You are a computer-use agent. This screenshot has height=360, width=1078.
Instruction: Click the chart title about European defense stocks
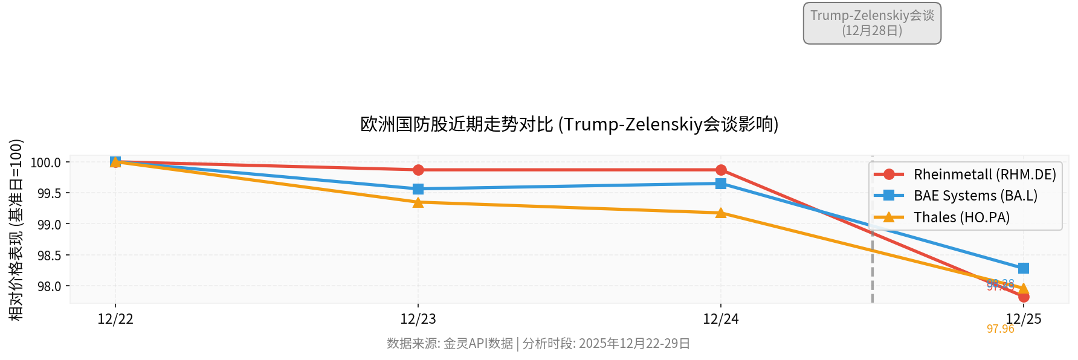pos(569,124)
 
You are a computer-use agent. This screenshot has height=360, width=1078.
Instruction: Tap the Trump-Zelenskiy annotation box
pos(872,23)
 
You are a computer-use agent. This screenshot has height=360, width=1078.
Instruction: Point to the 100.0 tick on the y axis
pos(46,162)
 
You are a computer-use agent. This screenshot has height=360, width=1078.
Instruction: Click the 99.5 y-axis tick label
pos(49,193)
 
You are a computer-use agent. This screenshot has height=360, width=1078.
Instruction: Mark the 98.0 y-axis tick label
pos(49,286)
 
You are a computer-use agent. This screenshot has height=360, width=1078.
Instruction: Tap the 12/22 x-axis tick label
pos(115,319)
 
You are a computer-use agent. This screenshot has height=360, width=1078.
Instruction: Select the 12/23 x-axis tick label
pos(418,319)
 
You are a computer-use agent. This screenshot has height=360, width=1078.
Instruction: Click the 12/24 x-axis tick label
pos(720,319)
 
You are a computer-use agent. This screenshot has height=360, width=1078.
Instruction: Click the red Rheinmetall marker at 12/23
pos(418,170)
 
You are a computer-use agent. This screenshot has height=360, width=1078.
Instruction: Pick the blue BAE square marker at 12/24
pos(721,184)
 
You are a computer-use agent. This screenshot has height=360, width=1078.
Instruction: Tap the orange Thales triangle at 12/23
pos(418,202)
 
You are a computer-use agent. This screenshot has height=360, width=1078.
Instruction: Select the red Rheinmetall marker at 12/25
pos(1024,297)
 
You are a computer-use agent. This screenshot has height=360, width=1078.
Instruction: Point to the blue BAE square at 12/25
pos(1024,268)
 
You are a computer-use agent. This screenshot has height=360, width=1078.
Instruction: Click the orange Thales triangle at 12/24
pos(721,213)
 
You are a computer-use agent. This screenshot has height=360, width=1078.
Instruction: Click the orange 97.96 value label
pos(1000,329)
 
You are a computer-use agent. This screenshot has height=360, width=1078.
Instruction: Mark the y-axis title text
pos(16,230)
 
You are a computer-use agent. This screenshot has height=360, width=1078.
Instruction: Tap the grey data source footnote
pos(538,344)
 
